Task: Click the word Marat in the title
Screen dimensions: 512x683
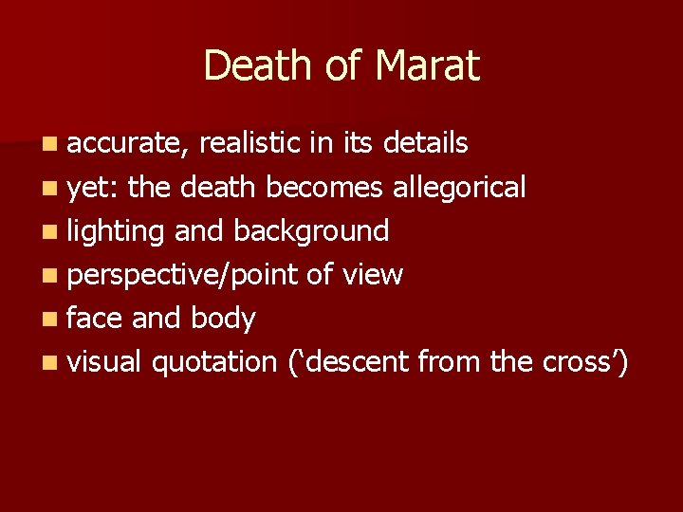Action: pos(428,65)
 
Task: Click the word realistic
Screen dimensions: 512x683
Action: pos(250,144)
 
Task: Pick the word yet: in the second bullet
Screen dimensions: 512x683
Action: pos(92,188)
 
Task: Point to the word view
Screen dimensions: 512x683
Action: pos(372,275)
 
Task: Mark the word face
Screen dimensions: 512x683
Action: pos(95,319)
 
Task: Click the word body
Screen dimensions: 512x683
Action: pos(223,319)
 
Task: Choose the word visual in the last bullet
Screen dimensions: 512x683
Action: pos(104,362)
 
